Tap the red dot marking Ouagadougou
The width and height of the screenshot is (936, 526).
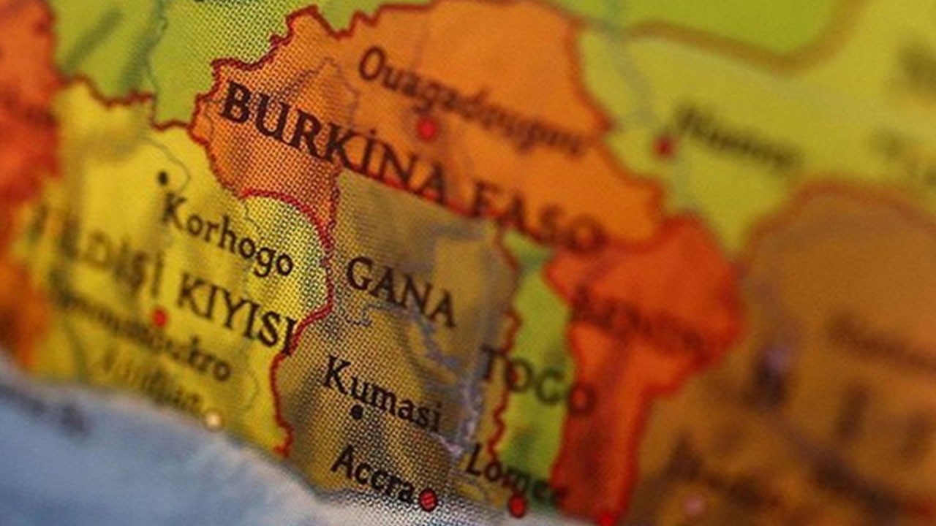(x=427, y=129)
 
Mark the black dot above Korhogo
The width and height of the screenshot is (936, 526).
(x=162, y=178)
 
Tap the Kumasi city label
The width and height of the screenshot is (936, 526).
(x=381, y=394)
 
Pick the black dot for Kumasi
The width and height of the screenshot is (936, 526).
(x=356, y=413)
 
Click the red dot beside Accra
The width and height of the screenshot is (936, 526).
(x=428, y=500)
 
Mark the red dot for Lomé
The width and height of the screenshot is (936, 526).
(x=518, y=505)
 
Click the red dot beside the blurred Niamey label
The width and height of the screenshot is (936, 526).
(x=664, y=146)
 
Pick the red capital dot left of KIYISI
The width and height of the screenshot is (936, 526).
(x=159, y=318)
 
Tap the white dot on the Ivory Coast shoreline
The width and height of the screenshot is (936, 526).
(x=213, y=420)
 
